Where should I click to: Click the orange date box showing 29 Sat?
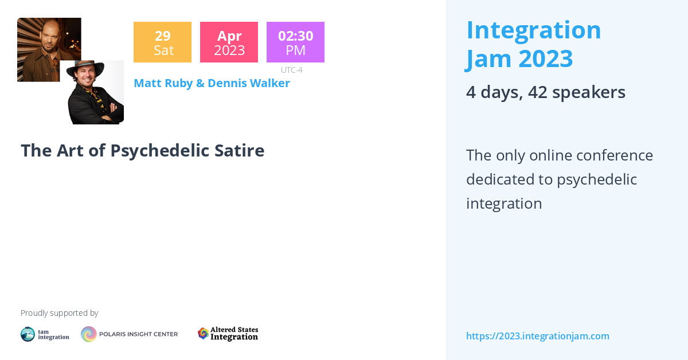point(162,42)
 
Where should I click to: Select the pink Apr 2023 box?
point(229,42)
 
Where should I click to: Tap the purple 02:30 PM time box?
point(295,42)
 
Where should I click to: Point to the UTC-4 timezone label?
point(291,70)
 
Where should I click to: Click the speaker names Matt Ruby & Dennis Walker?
point(212,83)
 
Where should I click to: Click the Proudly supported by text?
point(59,313)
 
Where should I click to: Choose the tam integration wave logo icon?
point(28,334)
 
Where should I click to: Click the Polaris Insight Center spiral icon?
point(88,334)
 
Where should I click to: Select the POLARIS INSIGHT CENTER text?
point(139,334)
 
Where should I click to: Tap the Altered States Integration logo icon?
point(203,334)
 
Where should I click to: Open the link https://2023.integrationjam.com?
point(537,336)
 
